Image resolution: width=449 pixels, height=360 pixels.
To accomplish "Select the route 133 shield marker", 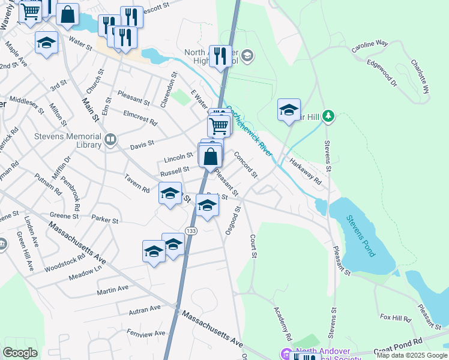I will pos(191,231).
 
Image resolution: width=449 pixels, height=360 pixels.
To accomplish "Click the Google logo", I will pos(20,353).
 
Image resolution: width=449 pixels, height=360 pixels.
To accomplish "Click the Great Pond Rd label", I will pos(414,343).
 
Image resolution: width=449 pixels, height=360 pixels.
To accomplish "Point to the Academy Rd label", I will pos(282,321).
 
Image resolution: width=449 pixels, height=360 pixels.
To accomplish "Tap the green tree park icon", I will pos(328,115).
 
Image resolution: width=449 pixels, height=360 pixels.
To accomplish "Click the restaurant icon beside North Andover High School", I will pos(220,56).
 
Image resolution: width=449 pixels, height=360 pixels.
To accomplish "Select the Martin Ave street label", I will pos(114,289).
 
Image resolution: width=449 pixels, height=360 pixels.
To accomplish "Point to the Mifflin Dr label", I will pos(63,169).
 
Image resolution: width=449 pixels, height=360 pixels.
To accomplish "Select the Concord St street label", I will pos(245,164).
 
